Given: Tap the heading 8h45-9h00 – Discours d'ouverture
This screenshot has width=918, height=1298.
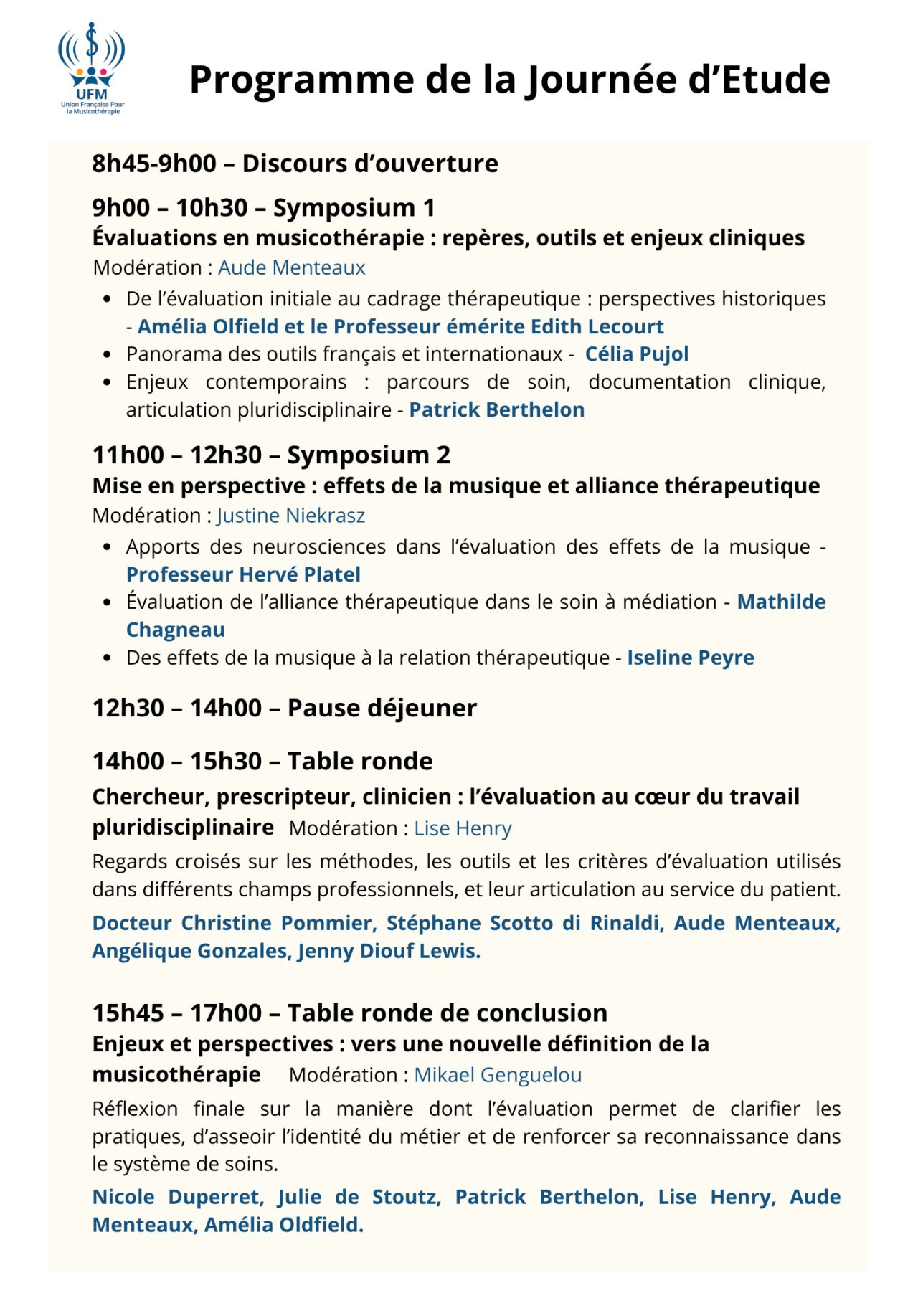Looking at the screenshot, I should click(x=295, y=164).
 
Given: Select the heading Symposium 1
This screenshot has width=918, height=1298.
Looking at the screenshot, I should click(x=354, y=208).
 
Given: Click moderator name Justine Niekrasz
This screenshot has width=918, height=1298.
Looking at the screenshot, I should click(x=290, y=516).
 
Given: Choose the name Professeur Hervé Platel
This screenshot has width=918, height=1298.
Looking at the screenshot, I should click(x=243, y=574).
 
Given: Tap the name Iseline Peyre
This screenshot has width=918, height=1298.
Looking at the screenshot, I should click(x=690, y=658).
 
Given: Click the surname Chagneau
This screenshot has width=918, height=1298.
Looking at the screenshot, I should click(x=175, y=630).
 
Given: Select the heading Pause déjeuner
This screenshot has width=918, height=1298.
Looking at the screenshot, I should click(x=382, y=709).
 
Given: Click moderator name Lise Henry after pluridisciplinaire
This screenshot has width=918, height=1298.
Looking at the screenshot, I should click(x=463, y=828).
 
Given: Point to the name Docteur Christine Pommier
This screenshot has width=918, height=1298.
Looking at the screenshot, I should click(x=234, y=923).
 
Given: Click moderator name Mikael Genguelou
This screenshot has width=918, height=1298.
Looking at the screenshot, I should click(x=498, y=1075).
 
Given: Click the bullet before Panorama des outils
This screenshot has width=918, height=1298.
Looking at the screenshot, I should click(x=107, y=354).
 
